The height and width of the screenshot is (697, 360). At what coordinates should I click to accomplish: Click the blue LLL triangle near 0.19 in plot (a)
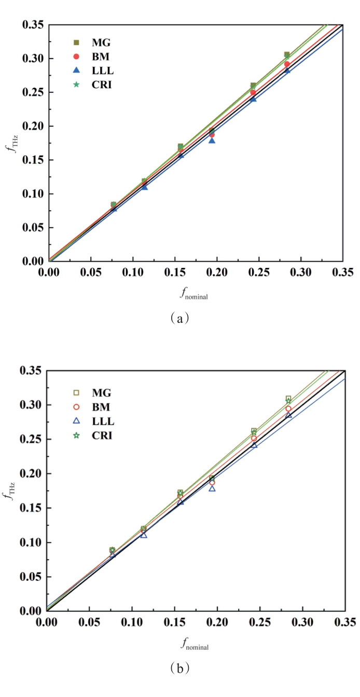[x=212, y=140]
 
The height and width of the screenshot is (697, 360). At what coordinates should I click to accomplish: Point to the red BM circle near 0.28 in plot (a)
[x=287, y=64]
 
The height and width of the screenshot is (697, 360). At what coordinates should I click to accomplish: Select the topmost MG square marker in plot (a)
[x=287, y=54]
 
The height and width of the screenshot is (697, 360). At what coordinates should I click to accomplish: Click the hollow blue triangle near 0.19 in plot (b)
[x=212, y=488]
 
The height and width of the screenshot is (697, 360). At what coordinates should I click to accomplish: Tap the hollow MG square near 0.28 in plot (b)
[x=288, y=399]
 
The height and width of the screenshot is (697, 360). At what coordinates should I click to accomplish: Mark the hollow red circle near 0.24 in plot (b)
[x=254, y=439]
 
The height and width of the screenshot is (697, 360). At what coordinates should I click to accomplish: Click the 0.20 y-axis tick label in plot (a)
[x=33, y=126]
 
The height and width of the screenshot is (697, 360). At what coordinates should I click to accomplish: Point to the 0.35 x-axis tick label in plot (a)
[x=342, y=272]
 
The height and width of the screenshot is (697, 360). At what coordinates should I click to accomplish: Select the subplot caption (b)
[x=179, y=667]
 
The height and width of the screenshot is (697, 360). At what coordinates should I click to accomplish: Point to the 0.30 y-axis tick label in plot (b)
[x=31, y=405]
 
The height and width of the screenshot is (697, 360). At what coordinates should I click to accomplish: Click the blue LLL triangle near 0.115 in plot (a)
[x=144, y=186]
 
